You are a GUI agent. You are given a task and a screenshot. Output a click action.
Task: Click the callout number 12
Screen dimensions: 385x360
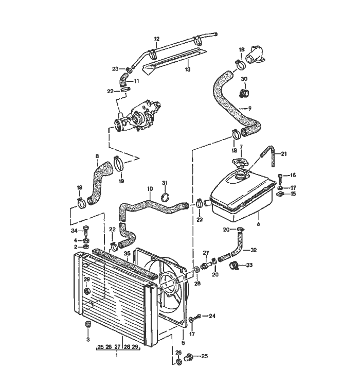point(157,39)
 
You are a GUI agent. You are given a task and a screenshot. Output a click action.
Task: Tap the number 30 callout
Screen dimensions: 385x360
point(244,79)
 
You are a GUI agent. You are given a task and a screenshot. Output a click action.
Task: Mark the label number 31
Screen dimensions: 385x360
point(165,183)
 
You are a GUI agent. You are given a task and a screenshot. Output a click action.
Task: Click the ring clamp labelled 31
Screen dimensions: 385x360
point(166,197)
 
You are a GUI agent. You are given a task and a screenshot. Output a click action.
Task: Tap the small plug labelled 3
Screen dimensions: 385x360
point(88,324)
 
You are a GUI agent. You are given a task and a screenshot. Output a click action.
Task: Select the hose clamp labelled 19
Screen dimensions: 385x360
point(120,165)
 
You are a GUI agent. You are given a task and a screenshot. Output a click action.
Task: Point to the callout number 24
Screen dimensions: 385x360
point(212,316)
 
